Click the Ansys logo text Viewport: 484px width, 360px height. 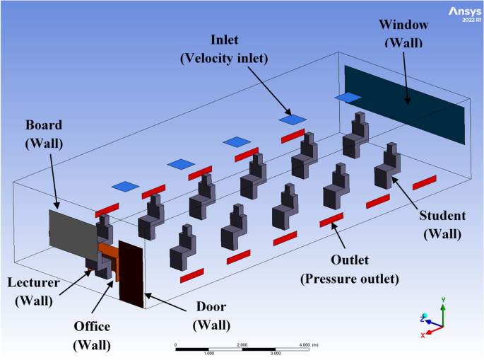pos(463,11)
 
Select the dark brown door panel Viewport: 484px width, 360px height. pos(132,273)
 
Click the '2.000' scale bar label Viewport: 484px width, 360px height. pos(242,344)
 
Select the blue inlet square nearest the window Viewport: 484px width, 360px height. pos(348,97)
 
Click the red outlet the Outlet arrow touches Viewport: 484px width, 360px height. pos(331,220)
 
